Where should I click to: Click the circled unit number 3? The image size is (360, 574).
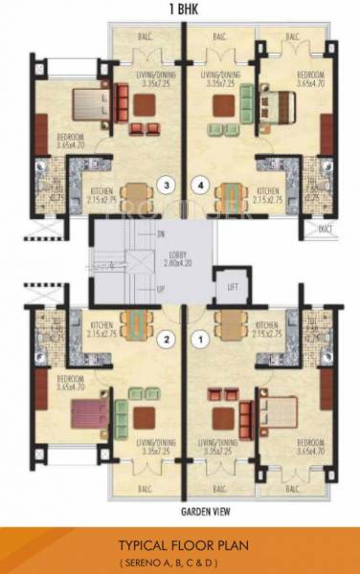[168, 186]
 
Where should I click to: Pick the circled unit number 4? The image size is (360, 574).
[199, 186]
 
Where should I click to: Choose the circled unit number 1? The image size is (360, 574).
[200, 338]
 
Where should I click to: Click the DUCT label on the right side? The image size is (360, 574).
[326, 229]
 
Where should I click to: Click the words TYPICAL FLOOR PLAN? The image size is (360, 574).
[180, 542]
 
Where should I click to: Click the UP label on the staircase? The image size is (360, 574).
[161, 288]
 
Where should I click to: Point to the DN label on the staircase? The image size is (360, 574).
[161, 233]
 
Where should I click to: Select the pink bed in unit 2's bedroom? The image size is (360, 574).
[81, 414]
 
